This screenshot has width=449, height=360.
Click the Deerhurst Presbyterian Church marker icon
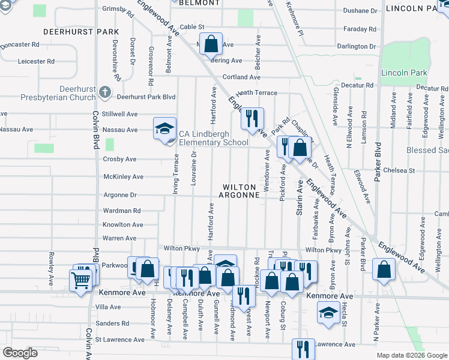click(x=105, y=92)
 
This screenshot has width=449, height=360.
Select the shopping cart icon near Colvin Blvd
click(x=82, y=280)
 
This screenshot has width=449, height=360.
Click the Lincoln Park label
click(x=404, y=73)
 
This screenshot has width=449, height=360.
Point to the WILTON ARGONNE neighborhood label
click(x=239, y=191)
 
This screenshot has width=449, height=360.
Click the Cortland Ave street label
click(x=241, y=77)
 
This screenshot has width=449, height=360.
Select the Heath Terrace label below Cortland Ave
click(x=256, y=93)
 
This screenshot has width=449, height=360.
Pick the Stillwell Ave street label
click(x=119, y=113)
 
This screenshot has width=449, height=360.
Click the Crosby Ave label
click(x=119, y=160)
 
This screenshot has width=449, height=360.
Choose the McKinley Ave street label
click(x=123, y=177)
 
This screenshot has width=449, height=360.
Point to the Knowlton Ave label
click(x=123, y=225)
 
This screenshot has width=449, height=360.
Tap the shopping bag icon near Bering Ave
click(x=211, y=44)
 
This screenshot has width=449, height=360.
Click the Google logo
click(x=20, y=352)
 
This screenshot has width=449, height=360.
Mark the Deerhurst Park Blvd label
click(x=146, y=97)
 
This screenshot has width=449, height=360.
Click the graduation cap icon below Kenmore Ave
click(x=328, y=312)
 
